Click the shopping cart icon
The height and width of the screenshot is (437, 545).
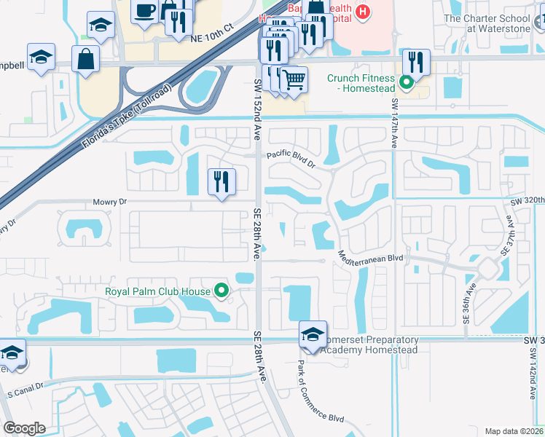tap(294, 78)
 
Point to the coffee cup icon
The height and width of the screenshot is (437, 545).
tap(145, 11)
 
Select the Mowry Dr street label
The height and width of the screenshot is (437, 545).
tap(110, 202)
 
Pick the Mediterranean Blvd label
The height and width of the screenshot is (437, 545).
tap(370, 257)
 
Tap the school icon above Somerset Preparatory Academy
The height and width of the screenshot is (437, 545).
tap(312, 334)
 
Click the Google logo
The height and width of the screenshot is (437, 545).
tap(24, 428)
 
